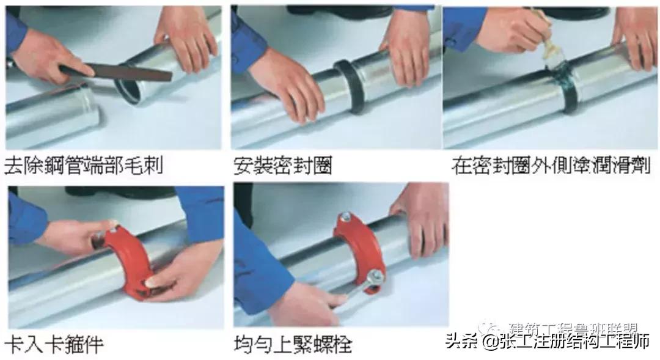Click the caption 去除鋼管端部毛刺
pos(84,165)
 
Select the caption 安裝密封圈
pos(282,165)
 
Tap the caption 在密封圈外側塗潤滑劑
pos(551,165)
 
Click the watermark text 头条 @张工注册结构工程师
pos(547,341)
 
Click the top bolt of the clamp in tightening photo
pos(346,216)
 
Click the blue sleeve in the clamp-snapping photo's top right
pos(199,211)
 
